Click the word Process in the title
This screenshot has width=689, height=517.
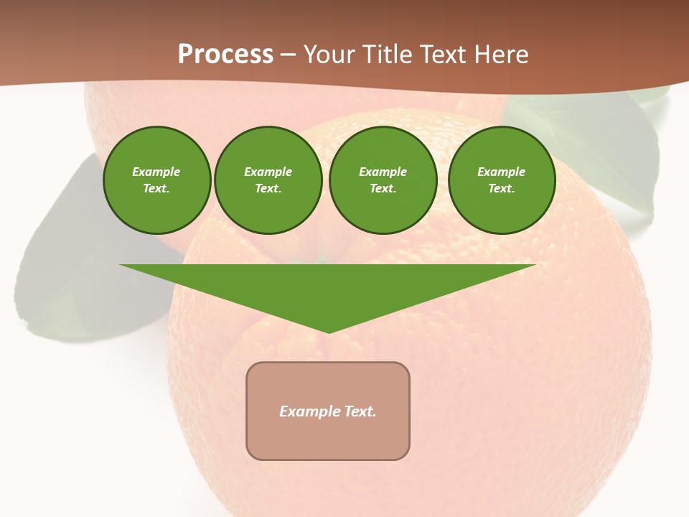[225, 55]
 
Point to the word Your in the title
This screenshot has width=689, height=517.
[328, 55]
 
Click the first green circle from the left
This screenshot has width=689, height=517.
[156, 180]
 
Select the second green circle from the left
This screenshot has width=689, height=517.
[268, 180]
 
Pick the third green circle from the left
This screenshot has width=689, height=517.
[383, 180]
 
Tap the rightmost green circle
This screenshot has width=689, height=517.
[501, 180]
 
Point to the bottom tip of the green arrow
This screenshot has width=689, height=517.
[329, 331]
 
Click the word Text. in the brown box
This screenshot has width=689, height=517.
[360, 411]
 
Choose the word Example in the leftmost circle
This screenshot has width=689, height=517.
[156, 172]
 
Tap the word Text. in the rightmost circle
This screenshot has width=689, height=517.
[501, 188]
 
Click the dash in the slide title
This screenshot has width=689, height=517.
[289, 55]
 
